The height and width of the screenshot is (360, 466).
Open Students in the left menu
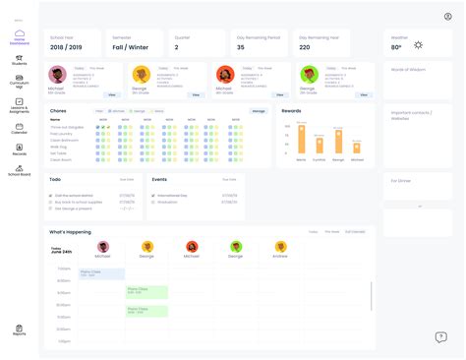(x=20, y=58)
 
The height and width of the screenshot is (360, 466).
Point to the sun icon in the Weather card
(x=418, y=45)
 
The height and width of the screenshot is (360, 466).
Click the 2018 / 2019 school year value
(x=66, y=46)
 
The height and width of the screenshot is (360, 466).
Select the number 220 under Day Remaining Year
(x=305, y=46)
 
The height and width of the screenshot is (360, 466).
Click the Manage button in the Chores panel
(x=259, y=111)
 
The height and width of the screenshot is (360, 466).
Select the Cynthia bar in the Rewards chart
(x=319, y=140)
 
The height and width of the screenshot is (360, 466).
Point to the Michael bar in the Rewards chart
(x=301, y=138)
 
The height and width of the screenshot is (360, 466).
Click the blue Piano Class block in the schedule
(x=101, y=273)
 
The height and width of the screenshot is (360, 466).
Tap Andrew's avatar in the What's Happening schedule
(x=281, y=247)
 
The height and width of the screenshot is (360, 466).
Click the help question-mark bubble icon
(x=440, y=337)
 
